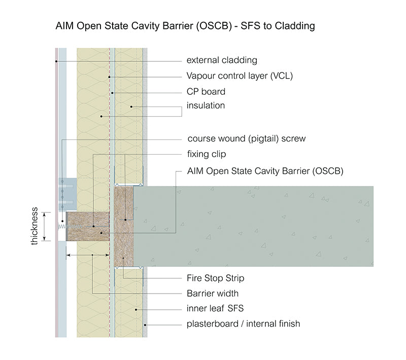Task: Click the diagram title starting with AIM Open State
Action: (185, 26)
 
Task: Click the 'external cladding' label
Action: (222, 60)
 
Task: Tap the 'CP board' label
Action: (206, 92)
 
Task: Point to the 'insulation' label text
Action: (206, 106)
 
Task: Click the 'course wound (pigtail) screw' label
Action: (247, 138)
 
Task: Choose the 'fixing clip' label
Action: (207, 154)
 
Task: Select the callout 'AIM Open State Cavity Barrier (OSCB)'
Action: (265, 171)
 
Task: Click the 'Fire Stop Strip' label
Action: (216, 278)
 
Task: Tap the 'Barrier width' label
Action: (213, 293)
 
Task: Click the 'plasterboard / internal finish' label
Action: (243, 323)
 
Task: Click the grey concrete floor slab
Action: (254, 226)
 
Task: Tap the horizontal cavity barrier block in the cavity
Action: (88, 226)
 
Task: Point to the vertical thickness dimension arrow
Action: (45, 226)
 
